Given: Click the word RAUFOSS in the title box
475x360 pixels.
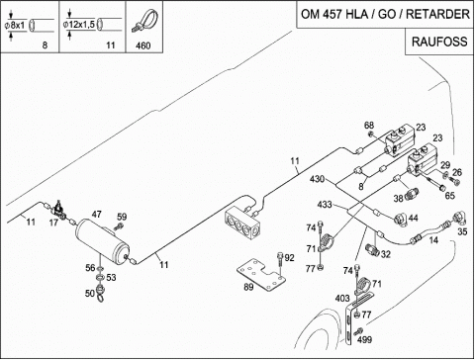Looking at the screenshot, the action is coord(439,42).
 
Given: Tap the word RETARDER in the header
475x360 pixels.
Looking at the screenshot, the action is coord(437,14).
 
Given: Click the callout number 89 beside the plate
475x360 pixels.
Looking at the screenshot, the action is coord(248,287).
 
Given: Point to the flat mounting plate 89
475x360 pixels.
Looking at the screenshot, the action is coord(261,275).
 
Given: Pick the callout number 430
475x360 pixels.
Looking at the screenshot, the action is coord(317,179).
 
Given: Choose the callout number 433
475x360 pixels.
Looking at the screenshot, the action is coord(325,205).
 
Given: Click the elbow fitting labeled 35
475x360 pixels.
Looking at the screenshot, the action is coord(458,219).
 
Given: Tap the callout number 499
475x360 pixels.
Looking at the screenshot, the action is coord(364,339).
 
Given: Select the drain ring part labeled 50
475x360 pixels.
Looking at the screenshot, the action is coord(100,293).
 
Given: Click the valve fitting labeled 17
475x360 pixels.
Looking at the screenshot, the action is coord(58,209).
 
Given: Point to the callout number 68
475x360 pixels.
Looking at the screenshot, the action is coord(369,126).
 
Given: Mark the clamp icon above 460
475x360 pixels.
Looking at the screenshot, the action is coord(145,21).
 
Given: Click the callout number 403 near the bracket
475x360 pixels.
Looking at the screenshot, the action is coord(342,298).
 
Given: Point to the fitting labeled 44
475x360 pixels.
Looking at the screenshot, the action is coord(401,220).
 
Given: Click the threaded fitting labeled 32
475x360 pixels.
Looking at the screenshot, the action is coord(372,249).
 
